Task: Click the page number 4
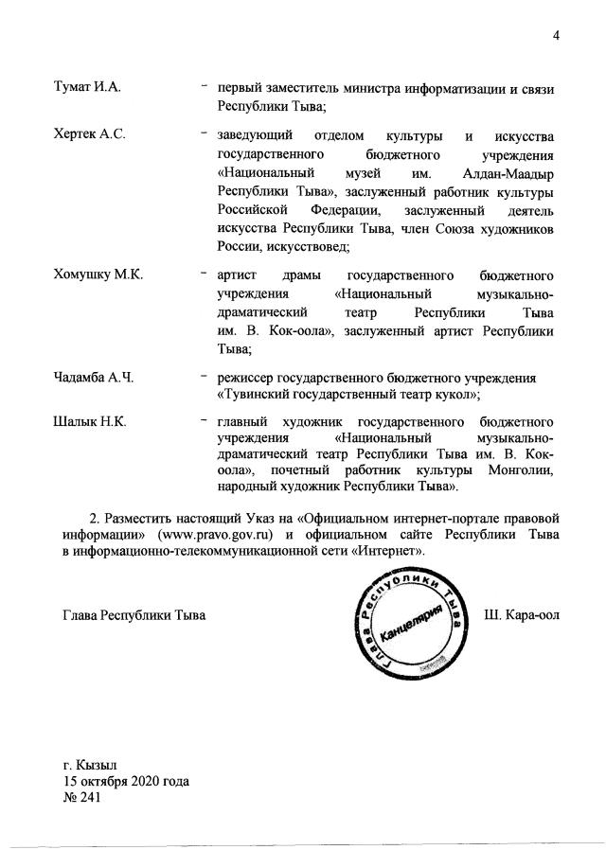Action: pyautogui.click(x=558, y=36)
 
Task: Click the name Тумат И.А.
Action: pyautogui.click(x=89, y=88)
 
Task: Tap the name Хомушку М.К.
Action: pyautogui.click(x=98, y=274)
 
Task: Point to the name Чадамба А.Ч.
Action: pyautogui.click(x=95, y=378)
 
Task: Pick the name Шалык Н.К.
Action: pyautogui.click(x=91, y=419)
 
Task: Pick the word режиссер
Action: pyautogui.click(x=248, y=378)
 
